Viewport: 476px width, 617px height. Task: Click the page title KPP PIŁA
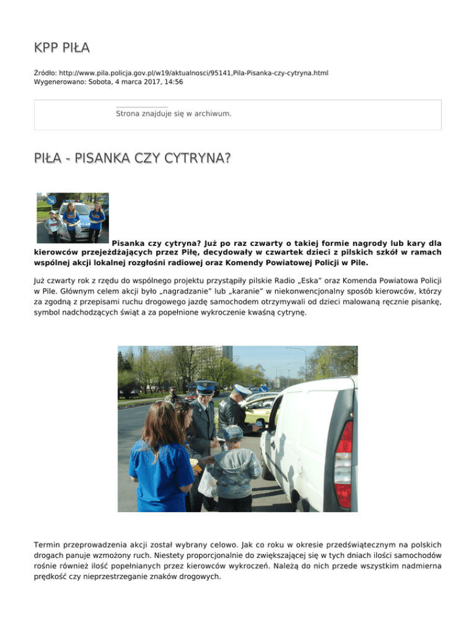click(63, 48)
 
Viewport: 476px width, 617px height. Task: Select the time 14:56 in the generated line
click(172, 81)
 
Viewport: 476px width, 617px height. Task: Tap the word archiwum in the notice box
click(212, 114)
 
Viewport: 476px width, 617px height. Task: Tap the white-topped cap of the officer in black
click(242, 390)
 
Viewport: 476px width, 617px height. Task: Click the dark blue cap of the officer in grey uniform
click(205, 385)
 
